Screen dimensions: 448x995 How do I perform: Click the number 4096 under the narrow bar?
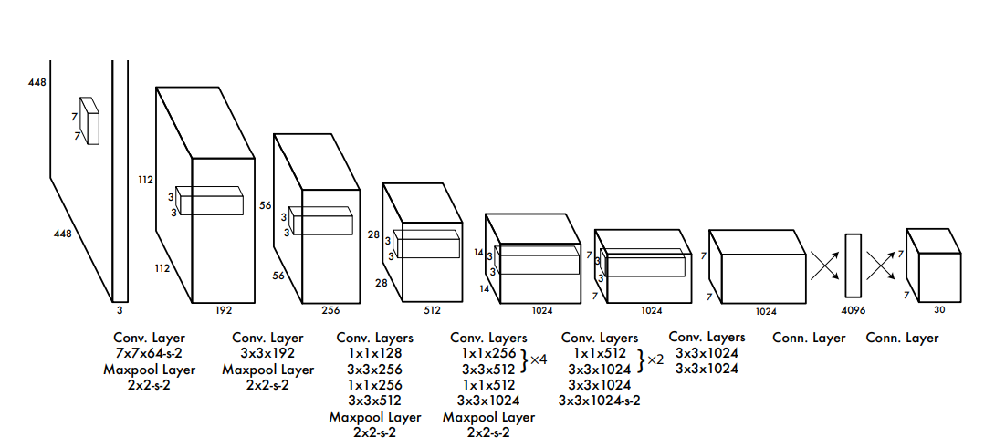853,310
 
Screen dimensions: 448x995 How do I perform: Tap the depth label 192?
223,310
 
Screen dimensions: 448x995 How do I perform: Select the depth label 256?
330,310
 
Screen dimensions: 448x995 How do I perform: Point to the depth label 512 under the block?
432,310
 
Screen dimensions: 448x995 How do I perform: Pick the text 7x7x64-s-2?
150,353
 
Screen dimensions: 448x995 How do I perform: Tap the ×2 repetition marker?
655,360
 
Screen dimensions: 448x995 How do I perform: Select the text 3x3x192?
267,353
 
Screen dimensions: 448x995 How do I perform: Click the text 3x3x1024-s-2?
599,400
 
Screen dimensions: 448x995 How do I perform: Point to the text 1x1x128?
374,353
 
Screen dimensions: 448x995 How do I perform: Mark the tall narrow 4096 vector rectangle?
853,266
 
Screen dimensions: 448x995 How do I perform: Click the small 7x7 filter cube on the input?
89,120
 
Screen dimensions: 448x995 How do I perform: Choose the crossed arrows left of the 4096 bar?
823,266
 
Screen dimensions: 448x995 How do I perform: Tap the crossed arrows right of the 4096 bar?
883,266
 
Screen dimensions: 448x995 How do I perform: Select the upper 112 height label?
145,180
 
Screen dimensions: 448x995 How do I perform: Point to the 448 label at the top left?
37,82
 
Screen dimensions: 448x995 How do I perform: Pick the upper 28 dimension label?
373,234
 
